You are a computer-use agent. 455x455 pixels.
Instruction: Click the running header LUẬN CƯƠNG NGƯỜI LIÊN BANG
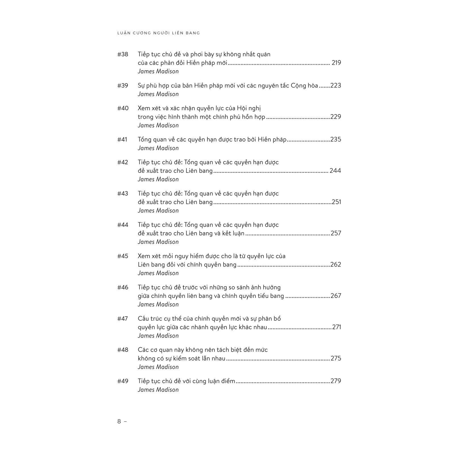(158, 33)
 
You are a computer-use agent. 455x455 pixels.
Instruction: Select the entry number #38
(123, 54)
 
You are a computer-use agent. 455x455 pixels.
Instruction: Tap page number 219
(336, 63)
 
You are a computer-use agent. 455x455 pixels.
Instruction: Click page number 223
(336, 86)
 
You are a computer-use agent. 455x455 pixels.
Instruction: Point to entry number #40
(123, 108)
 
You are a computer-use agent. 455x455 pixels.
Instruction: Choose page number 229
(336, 117)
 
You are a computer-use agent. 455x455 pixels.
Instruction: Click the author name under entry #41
(158, 148)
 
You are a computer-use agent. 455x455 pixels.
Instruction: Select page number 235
(336, 140)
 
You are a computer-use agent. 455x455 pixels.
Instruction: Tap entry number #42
(123, 162)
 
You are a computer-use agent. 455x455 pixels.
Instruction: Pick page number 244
(335, 171)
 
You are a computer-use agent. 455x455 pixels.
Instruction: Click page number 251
(336, 202)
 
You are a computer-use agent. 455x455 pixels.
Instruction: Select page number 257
(336, 233)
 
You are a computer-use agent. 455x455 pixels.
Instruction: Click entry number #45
(123, 256)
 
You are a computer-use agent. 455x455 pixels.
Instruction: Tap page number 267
(336, 296)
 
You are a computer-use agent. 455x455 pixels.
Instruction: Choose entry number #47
(123, 319)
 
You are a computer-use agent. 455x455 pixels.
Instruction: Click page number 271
(336, 327)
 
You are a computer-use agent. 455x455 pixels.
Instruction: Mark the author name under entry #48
(158, 367)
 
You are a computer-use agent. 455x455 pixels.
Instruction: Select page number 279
(336, 381)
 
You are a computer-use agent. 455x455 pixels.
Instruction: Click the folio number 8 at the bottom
(119, 421)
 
